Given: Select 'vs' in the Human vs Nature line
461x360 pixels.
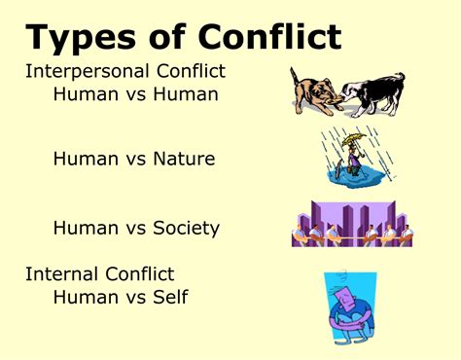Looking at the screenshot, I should (124, 158).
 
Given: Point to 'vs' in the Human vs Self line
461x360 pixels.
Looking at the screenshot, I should (124, 296).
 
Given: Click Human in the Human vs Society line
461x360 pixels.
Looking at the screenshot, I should (83, 229).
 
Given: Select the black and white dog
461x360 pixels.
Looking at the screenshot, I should (374, 92).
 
